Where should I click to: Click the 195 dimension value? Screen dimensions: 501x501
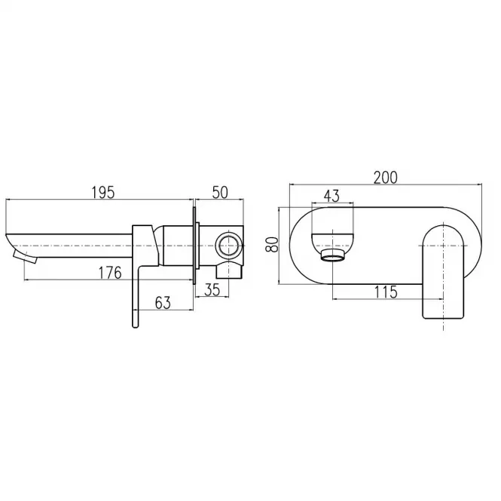click(103, 193)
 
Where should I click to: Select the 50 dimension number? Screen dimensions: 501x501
click(221, 192)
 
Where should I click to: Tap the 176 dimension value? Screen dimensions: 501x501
click(110, 273)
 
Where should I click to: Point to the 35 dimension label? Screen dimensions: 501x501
click(212, 289)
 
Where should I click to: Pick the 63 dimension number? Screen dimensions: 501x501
click(163, 303)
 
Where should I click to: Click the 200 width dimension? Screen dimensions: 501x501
click(386, 178)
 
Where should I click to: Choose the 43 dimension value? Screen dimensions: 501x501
click(331, 196)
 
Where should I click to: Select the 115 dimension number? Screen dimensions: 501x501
click(386, 292)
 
